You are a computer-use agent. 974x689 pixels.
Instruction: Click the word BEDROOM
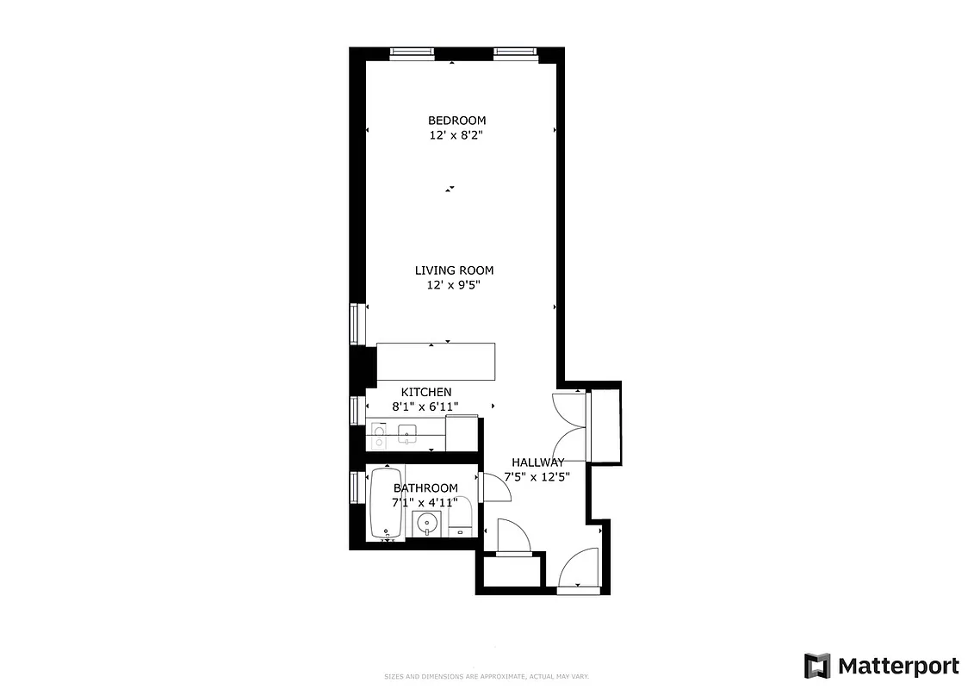[x=456, y=121]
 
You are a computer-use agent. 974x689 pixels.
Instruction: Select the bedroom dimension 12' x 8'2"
[x=456, y=135]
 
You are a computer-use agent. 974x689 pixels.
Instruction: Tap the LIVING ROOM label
[x=454, y=270]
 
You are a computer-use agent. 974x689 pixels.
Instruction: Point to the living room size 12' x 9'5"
[x=454, y=285]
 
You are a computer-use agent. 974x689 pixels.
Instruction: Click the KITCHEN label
[x=425, y=392]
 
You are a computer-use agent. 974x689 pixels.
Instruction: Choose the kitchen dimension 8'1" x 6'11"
[x=425, y=407]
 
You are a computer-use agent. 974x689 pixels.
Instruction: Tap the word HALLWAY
[x=537, y=462]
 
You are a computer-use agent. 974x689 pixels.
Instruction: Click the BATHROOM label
[x=425, y=488]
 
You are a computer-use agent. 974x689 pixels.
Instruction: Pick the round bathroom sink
[x=426, y=523]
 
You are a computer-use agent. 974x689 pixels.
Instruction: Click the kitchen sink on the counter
[x=407, y=433]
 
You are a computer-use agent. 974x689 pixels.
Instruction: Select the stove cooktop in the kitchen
[x=378, y=436]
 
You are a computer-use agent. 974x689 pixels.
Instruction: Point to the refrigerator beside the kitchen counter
[x=462, y=432]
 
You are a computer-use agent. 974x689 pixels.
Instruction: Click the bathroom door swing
[x=497, y=487]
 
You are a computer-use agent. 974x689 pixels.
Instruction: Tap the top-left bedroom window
[x=413, y=53]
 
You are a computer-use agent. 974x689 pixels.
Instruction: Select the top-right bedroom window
[x=516, y=53]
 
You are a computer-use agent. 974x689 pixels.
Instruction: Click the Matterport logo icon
[x=816, y=666]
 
